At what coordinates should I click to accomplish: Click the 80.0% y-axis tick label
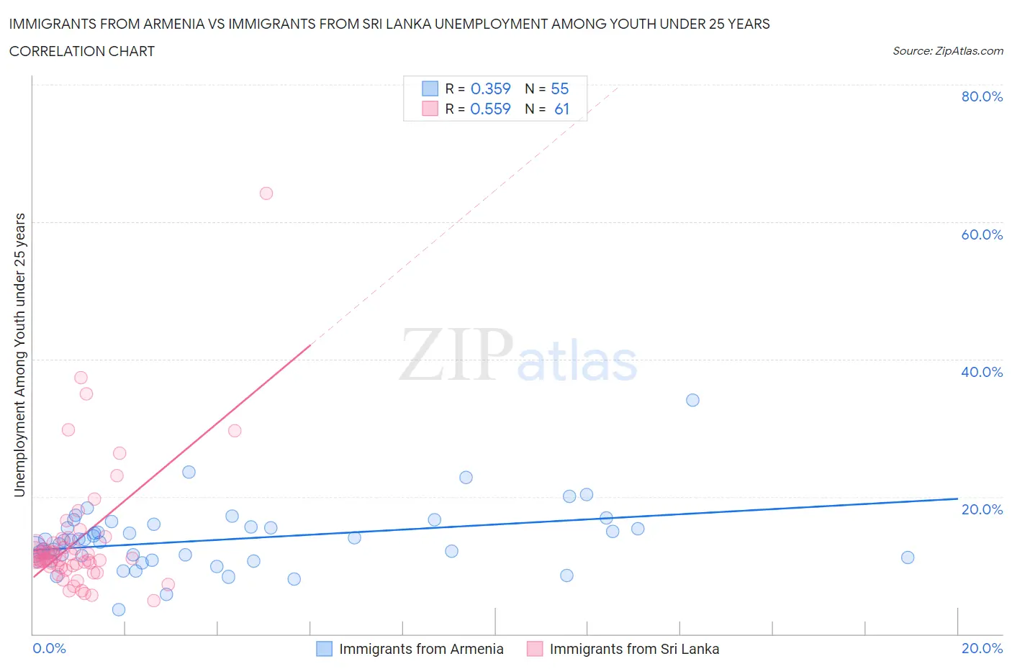pos(982,96)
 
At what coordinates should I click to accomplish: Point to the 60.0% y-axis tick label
pos(982,235)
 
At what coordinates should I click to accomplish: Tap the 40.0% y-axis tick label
pos(982,372)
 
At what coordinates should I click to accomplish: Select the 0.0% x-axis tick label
pos(49,648)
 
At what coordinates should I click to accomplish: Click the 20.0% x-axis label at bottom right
pos(982,648)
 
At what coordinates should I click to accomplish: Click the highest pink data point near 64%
pos(266,193)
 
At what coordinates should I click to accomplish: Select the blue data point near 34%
pos(692,400)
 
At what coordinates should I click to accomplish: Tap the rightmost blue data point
pos(908,557)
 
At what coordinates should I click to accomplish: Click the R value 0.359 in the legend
pos(490,88)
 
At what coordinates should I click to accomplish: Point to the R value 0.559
pos(490,109)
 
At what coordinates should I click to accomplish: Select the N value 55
pos(559,88)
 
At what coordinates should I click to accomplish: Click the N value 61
pos(561,109)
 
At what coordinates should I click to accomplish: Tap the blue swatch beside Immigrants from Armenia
pos(325,649)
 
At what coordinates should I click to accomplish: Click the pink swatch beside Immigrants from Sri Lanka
pos(535,649)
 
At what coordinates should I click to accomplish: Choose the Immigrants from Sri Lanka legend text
pos(634,649)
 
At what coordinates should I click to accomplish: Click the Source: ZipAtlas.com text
pos(947,50)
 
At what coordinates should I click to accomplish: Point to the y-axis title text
pos(19,355)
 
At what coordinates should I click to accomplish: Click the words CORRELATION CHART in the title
pos(82,51)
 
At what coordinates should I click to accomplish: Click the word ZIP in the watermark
pos(456,355)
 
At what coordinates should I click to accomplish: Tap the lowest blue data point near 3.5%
pos(119,609)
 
